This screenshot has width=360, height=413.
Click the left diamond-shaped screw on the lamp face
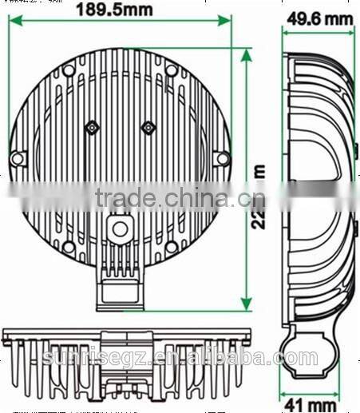[93, 127]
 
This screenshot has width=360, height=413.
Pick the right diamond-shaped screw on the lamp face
[147, 127]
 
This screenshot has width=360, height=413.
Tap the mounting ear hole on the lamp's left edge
[17, 158]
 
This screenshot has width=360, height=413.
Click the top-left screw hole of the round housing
[69, 70]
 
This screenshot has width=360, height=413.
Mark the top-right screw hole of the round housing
[171, 70]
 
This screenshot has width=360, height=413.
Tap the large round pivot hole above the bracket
[120, 228]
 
